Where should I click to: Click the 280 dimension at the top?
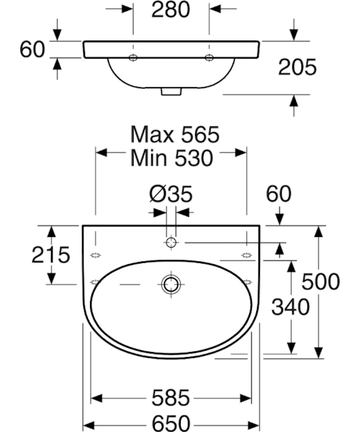(171, 10)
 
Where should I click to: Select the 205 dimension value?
(297, 67)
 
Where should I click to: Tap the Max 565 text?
(175, 135)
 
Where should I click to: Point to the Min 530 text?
(172, 158)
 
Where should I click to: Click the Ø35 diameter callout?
(171, 194)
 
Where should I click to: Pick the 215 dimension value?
(50, 255)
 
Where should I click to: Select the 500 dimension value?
(320, 282)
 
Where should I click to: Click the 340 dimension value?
(291, 307)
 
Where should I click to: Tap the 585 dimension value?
(171, 398)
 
